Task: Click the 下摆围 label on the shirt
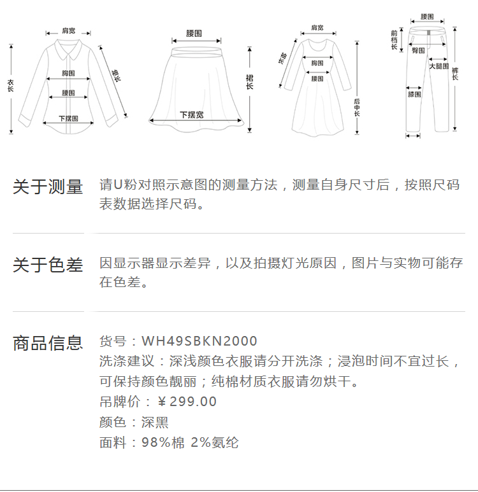[68, 118]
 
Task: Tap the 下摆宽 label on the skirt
[191, 115]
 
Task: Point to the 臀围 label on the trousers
[418, 50]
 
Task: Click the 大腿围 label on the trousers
[438, 66]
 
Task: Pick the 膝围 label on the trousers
[414, 94]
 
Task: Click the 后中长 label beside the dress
[357, 109]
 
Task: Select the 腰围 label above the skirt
[194, 33]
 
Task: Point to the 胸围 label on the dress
[317, 63]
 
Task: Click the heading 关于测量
[48, 187]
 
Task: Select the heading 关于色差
[48, 265]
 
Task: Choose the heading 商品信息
[48, 343]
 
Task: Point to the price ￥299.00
[187, 402]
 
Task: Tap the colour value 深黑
[155, 422]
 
